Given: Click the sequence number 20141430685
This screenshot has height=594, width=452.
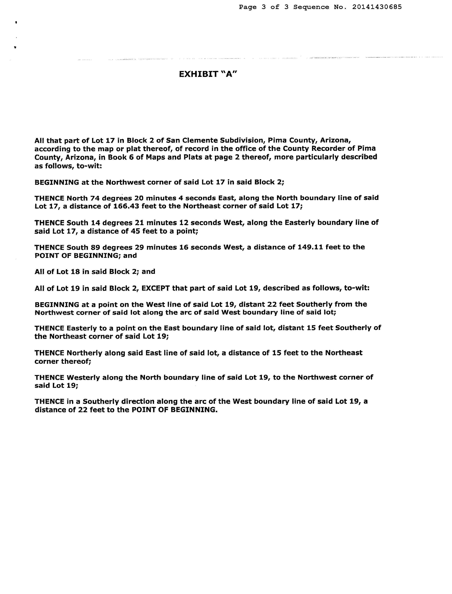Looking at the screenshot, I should click(377, 7).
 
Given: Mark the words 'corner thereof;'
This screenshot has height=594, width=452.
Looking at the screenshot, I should click(63, 361).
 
